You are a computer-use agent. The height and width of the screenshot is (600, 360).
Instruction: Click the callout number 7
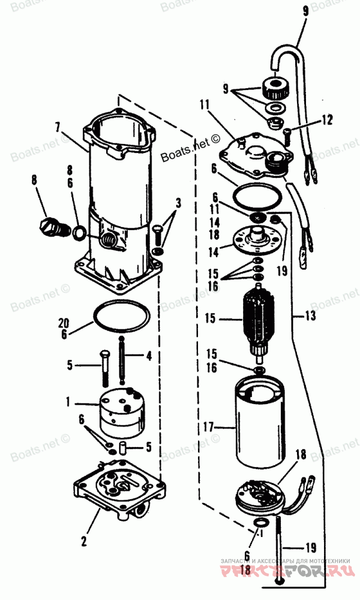(57, 127)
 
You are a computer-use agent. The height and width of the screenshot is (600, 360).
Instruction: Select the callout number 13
(310, 316)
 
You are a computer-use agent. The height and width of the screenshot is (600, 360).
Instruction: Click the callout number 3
(178, 203)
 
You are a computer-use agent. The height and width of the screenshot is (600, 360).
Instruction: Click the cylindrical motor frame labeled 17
(260, 428)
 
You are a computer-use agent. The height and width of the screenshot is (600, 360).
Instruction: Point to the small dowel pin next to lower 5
(122, 449)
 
